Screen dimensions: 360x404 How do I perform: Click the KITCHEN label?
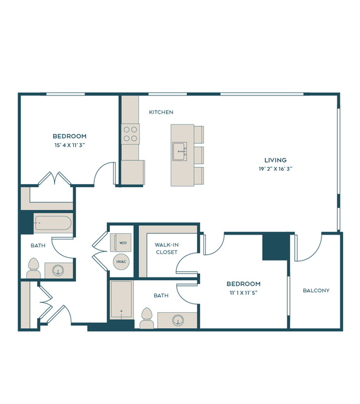161,112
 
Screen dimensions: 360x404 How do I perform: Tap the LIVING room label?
275,160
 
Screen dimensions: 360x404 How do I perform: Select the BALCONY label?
316,290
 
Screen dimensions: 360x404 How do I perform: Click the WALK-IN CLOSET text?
167,248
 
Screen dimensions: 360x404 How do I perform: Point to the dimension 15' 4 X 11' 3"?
69,145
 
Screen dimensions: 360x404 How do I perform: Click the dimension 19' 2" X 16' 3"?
275,169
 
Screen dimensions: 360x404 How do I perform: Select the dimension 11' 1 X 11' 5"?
243,293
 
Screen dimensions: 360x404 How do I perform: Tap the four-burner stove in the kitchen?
130,134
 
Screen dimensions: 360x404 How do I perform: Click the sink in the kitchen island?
179,151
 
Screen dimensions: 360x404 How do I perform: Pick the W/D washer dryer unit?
121,242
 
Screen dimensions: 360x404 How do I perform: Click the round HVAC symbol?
121,262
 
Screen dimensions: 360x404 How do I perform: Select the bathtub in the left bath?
53,223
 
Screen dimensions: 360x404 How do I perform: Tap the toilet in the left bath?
33,268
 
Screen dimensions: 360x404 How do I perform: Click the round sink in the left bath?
57,271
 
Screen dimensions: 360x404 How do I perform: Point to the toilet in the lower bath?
147,318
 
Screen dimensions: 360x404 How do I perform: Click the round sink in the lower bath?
178,321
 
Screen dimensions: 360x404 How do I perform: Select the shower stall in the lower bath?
122,300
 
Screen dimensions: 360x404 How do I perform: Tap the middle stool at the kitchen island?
199,155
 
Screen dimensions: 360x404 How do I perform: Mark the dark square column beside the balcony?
275,247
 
